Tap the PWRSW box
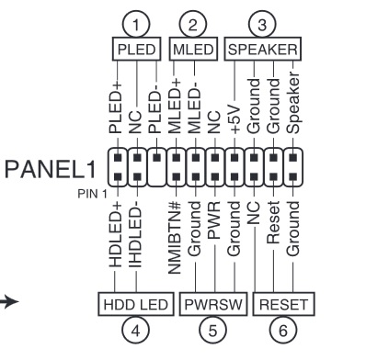214,301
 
